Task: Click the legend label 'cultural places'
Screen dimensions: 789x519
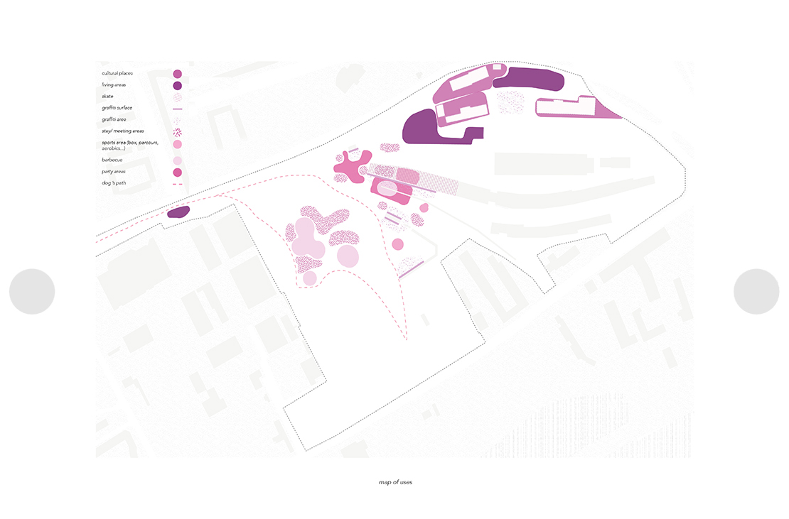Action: pos(117,73)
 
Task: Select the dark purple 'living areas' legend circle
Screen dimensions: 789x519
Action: pos(177,86)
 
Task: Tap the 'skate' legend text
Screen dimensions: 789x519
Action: pos(107,97)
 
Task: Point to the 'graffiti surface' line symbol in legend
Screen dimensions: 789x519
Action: pos(177,109)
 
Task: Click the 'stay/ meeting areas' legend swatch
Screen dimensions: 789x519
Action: pos(177,133)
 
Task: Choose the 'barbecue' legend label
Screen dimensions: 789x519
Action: pos(112,160)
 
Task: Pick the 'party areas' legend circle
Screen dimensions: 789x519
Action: pos(177,173)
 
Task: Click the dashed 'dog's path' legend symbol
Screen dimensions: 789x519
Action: pos(177,185)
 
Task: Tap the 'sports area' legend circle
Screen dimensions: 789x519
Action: pos(177,144)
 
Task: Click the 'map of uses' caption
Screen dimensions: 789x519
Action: pos(395,482)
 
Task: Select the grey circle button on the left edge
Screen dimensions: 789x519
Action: pos(32,291)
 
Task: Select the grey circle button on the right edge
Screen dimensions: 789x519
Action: pos(756,291)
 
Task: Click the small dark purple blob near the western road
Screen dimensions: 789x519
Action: pos(178,212)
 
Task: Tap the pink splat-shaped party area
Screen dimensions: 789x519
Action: pos(353,165)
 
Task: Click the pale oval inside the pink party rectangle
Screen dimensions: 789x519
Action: pos(387,189)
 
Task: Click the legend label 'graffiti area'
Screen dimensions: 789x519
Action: pos(114,119)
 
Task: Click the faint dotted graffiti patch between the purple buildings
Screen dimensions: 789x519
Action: pos(511,102)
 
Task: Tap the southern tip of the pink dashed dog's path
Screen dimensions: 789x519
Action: pos(406,339)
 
